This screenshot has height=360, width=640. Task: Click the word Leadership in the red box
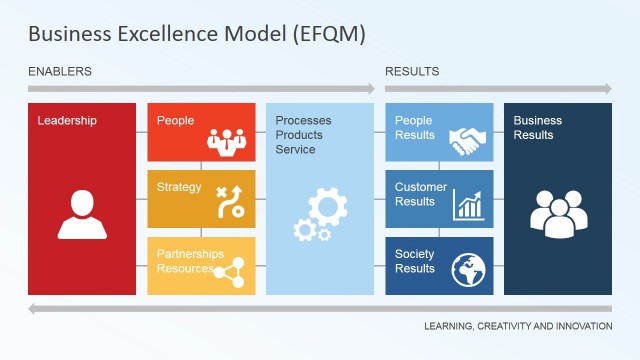coord(67,121)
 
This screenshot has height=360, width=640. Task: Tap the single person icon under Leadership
coord(82,215)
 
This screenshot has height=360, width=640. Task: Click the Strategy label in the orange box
coord(179,187)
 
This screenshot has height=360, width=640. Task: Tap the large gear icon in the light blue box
coord(327,207)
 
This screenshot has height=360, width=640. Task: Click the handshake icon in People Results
coord(467,140)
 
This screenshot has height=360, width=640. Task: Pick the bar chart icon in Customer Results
coord(467,205)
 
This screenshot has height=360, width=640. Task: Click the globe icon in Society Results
coord(467,269)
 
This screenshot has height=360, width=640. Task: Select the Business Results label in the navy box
coord(538,128)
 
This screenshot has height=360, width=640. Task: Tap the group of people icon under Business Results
coord(558,213)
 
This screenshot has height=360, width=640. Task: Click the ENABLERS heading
coord(60,72)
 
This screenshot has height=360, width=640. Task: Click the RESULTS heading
coord(412,72)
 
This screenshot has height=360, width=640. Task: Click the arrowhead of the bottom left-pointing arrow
coord(34,308)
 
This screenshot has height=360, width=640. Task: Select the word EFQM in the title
coord(332,34)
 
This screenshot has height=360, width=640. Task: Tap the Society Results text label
coord(415,261)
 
